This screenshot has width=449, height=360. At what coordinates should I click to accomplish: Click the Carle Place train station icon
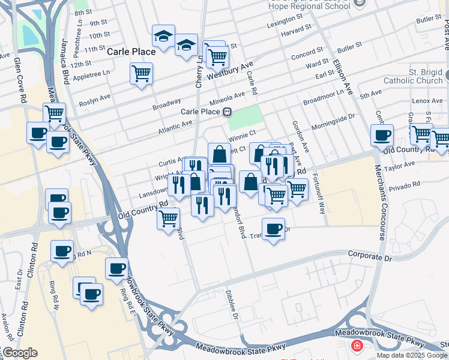[x=228, y=112]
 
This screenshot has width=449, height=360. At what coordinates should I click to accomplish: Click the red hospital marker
[x=357, y=346]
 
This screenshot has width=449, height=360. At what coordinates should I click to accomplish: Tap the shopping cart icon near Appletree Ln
[x=142, y=74]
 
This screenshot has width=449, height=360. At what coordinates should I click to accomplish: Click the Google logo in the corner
[x=19, y=353]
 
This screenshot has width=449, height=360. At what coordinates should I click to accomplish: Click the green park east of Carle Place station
[x=253, y=116]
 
